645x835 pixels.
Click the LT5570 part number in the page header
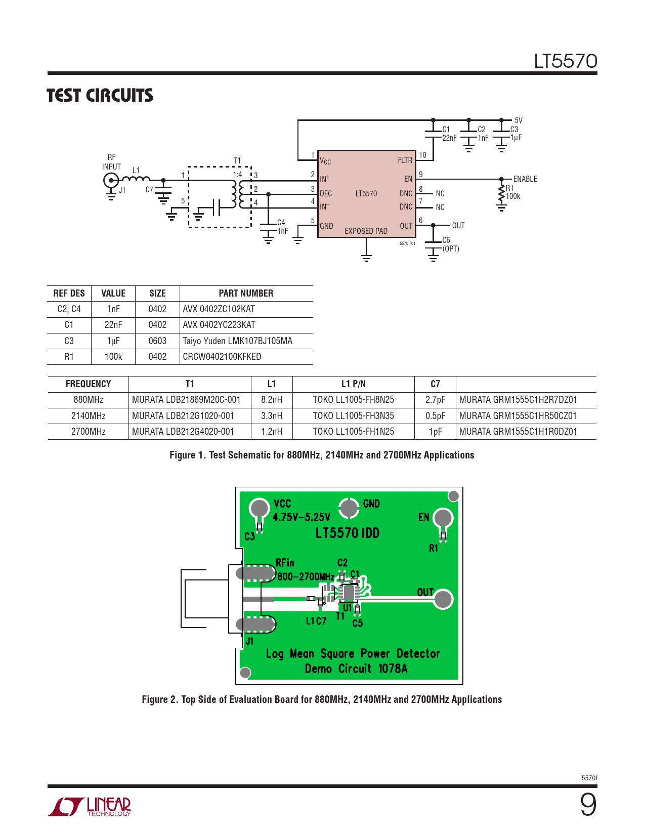[566, 61]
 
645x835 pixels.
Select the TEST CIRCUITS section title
[100, 96]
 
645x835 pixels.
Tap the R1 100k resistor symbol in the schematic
[501, 193]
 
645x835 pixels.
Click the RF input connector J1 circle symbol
[111, 180]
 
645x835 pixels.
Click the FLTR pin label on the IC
[405, 160]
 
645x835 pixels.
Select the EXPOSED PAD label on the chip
[366, 231]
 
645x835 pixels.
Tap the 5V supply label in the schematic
[519, 120]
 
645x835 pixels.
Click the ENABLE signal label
[525, 179]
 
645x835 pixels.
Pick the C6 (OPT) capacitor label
[450, 244]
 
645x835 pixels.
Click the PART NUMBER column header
[246, 294]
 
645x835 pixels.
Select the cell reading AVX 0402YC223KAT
[219, 325]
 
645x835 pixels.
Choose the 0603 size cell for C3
[157, 341]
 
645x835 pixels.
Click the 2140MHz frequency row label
[88, 416]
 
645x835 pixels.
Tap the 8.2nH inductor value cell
[272, 400]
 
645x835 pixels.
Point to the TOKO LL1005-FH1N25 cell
[353, 432]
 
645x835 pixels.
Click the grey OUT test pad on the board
[443, 599]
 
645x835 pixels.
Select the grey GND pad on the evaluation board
[349, 508]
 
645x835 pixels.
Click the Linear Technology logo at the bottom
[90, 807]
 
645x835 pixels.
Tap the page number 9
[588, 805]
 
